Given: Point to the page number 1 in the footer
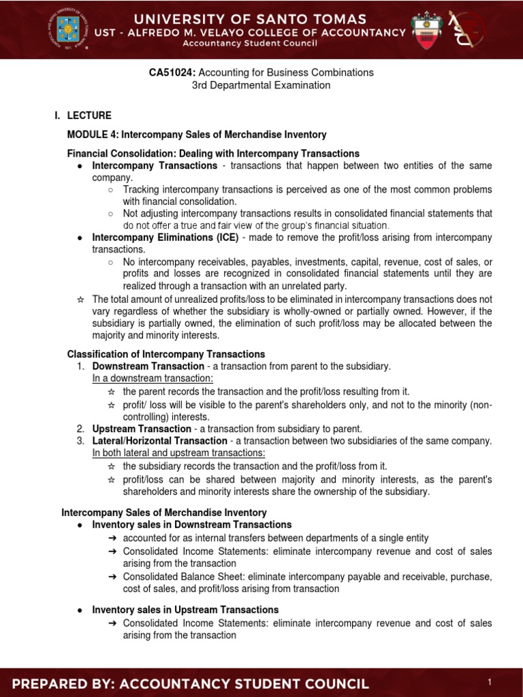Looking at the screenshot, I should (x=490, y=682).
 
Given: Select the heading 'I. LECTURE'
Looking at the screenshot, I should (x=83, y=116).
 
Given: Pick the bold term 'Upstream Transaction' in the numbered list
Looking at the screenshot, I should (x=142, y=429).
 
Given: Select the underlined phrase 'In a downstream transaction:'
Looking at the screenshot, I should (x=153, y=378).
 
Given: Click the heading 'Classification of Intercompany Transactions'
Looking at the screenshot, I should (x=166, y=354).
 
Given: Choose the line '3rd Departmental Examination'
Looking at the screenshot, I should (x=261, y=85).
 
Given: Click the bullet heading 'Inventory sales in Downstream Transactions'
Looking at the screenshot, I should (x=192, y=525).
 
